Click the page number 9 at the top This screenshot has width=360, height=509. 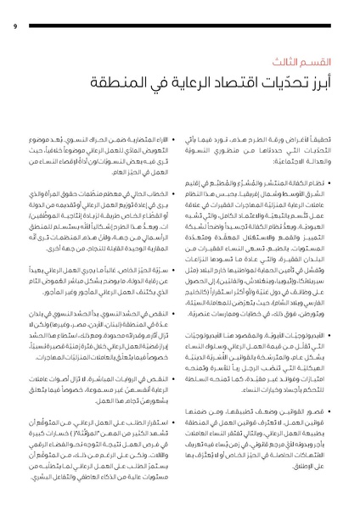(x=15, y=25)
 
